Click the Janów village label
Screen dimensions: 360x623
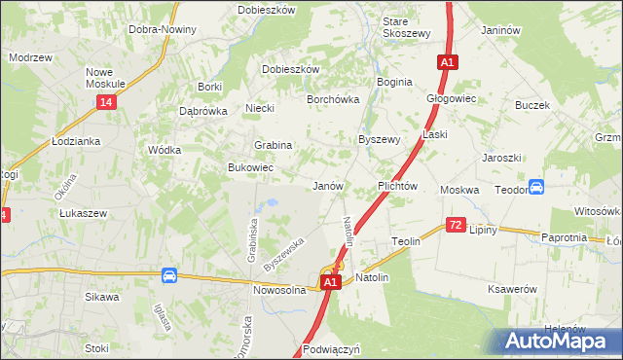tap(327, 185)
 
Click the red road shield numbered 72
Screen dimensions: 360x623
tap(455, 225)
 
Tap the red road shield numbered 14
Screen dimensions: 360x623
tap(105, 102)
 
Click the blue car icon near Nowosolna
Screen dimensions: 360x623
tap(169, 276)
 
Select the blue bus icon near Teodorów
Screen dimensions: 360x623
tap(535, 187)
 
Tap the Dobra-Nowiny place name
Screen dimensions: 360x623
tap(163, 29)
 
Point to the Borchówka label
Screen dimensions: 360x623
tap(334, 99)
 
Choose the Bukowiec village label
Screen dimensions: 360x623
tap(250, 167)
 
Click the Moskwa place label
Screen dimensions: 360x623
tap(459, 190)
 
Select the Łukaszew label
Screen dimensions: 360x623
tap(83, 212)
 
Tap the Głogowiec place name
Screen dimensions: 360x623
tap(451, 98)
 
